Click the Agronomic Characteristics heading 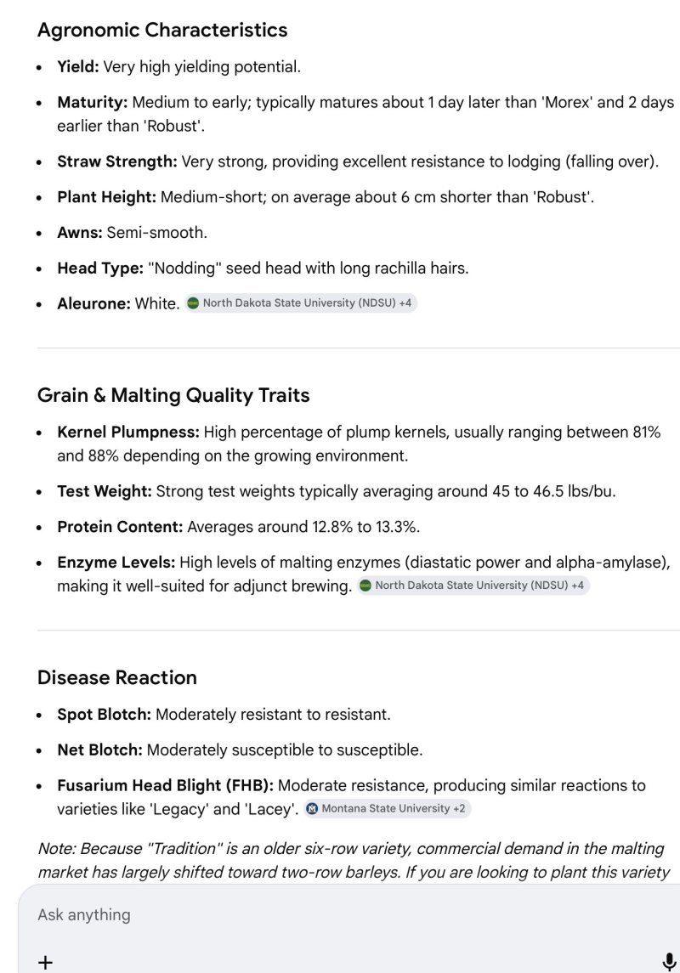pyautogui.click(x=162, y=30)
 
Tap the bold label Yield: pyautogui.click(x=78, y=66)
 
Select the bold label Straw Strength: pyautogui.click(x=117, y=161)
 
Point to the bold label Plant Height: pyautogui.click(x=107, y=197)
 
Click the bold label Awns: pyautogui.click(x=80, y=233)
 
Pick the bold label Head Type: pyautogui.click(x=100, y=269)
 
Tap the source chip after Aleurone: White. pyautogui.click(x=302, y=303)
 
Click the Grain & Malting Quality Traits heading pyautogui.click(x=173, y=395)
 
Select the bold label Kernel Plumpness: pyautogui.click(x=128, y=432)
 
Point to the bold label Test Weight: pyautogui.click(x=105, y=491)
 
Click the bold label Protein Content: pyautogui.click(x=120, y=527)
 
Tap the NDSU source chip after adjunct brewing pyautogui.click(x=473, y=585)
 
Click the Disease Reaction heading pyautogui.click(x=117, y=677)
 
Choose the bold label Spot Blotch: pyautogui.click(x=104, y=714)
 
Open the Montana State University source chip pyautogui.click(x=387, y=808)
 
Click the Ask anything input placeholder pyautogui.click(x=84, y=914)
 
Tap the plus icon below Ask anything pyautogui.click(x=46, y=961)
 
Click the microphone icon pyautogui.click(x=668, y=961)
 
